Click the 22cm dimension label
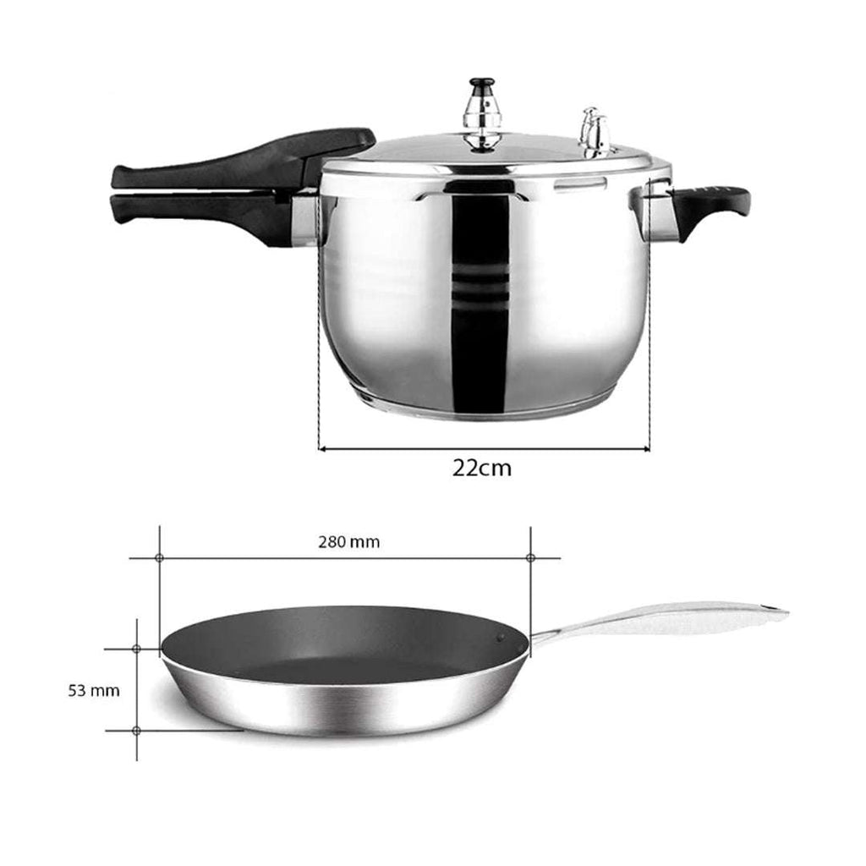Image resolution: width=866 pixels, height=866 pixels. point(481,468)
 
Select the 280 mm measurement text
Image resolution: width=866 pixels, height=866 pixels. point(349,542)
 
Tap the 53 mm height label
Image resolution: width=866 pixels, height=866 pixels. point(94,690)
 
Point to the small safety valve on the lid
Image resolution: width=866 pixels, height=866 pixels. point(595,132)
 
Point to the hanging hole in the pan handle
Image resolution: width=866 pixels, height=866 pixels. point(768,608)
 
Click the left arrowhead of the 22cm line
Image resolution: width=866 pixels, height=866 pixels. point(322,449)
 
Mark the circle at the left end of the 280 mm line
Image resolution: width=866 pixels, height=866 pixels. point(160,558)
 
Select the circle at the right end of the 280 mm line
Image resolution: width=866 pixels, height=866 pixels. point(530,558)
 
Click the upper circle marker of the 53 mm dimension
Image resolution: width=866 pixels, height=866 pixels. point(136,649)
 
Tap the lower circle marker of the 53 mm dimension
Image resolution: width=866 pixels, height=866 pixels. point(136,730)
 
